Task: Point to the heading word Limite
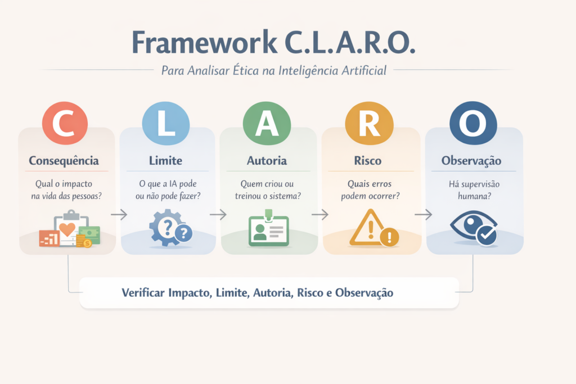(x=165, y=161)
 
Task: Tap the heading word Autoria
(x=267, y=161)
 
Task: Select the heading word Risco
(x=368, y=161)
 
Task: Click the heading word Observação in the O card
(x=471, y=161)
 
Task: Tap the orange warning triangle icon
(x=372, y=228)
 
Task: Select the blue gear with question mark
(x=169, y=227)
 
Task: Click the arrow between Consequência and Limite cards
(x=119, y=214)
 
